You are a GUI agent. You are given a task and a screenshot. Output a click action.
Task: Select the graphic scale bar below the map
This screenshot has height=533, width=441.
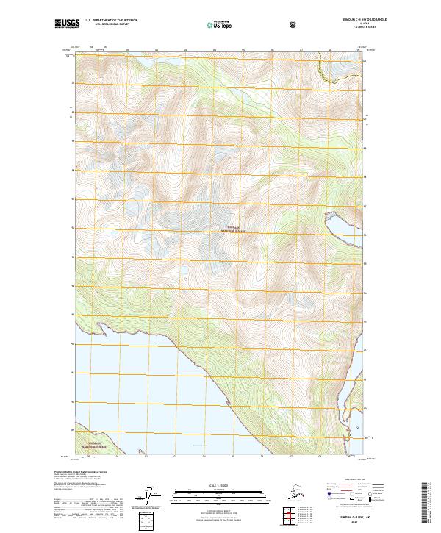[x=220, y=494]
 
